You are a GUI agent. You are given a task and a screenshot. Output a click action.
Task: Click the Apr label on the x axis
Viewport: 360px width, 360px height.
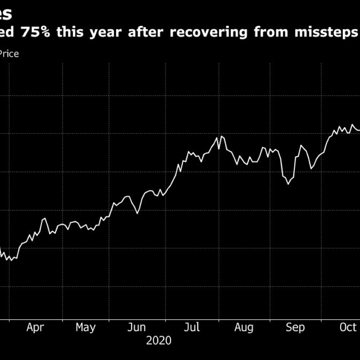(35, 328)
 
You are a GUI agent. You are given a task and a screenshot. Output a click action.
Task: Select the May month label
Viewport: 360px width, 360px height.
(85, 328)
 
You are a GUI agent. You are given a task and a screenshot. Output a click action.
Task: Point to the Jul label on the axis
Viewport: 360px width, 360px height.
(192, 328)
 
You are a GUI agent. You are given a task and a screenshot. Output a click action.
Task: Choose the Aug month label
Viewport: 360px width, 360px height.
(244, 328)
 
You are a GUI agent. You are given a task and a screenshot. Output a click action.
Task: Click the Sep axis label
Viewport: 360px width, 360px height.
(296, 328)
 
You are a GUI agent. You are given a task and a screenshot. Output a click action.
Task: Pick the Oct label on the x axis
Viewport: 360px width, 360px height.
(348, 328)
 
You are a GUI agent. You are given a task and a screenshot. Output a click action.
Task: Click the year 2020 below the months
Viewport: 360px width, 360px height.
(159, 341)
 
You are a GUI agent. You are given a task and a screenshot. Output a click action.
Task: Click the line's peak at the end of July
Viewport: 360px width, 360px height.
(221, 136)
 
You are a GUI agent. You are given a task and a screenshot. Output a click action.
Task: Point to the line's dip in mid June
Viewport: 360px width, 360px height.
(137, 213)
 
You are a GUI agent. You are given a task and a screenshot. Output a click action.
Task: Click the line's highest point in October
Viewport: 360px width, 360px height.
(352, 125)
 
